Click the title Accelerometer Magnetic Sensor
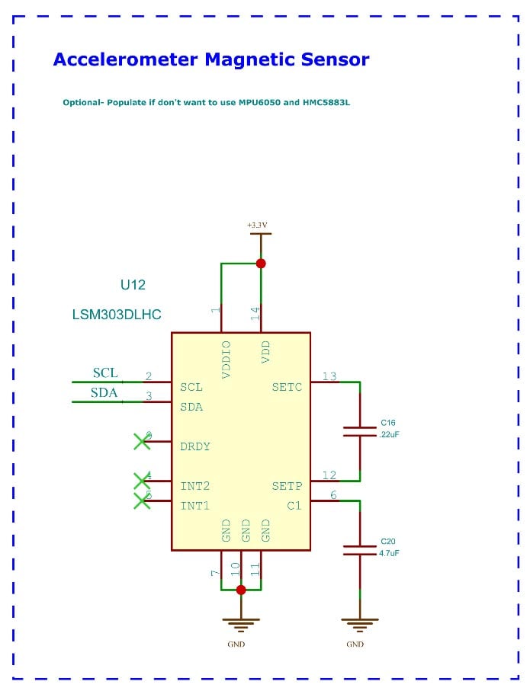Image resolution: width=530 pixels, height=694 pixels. point(210,59)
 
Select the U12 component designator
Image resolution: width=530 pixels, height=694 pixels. point(133,285)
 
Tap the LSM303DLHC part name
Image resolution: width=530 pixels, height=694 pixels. point(117,314)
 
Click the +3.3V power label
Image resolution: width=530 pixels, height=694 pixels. point(257,225)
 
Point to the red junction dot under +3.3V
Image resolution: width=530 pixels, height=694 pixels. point(261,263)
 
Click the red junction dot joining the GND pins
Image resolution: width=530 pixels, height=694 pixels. point(241,590)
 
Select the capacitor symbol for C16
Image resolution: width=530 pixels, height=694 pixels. point(359,431)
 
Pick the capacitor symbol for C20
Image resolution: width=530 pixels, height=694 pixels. point(359,550)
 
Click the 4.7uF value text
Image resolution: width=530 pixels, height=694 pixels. point(389,553)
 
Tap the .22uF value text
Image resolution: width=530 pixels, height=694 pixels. point(389,434)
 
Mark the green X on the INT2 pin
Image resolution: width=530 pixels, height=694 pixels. point(141,480)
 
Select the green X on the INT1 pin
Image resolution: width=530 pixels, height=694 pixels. point(141,500)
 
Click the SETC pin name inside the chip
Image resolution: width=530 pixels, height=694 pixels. point(287,387)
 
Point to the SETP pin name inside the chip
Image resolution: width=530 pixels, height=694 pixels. point(287,486)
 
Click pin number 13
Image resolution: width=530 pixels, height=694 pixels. point(329,376)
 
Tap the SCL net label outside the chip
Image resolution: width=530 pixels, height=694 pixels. point(105,373)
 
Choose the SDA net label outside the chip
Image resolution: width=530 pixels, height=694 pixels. point(104,393)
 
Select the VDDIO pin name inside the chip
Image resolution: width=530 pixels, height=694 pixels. point(226,360)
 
